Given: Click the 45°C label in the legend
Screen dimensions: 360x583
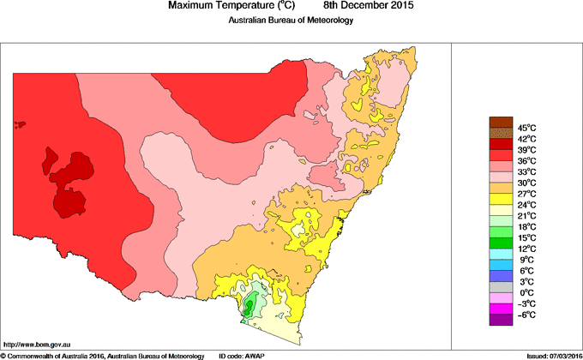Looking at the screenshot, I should [526, 128].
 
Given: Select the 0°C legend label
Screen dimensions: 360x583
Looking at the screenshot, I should [526, 292].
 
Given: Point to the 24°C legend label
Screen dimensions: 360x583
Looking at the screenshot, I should [526, 205].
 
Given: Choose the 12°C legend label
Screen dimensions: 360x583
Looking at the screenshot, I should [526, 249].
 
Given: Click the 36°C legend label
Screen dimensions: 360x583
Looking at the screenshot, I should [526, 160].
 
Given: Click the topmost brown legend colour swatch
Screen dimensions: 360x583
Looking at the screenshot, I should [501, 122].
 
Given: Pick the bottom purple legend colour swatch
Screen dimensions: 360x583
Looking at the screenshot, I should [501, 320].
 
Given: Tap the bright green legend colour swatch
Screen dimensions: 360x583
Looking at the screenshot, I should [501, 231].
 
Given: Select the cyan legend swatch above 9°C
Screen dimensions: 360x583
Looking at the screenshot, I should [501, 254].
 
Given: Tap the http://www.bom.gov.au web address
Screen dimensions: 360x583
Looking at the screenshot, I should [36, 343].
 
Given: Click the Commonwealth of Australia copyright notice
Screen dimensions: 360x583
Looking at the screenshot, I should [103, 355].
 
